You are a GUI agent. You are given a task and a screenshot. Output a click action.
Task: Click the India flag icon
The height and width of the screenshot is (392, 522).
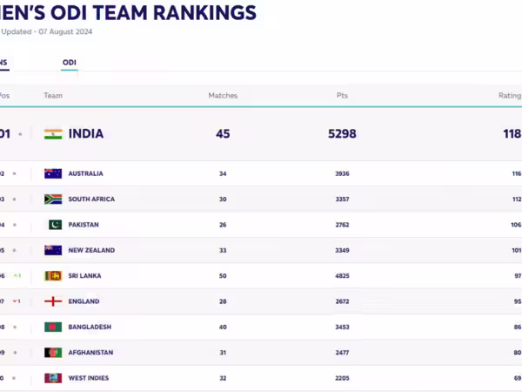[x=53, y=134]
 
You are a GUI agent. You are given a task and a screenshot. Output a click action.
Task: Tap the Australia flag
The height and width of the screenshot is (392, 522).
[x=53, y=173]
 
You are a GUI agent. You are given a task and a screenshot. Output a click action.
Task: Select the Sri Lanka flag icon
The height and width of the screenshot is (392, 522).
[x=53, y=276]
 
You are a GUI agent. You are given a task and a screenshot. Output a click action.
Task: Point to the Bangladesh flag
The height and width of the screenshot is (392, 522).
[x=53, y=327]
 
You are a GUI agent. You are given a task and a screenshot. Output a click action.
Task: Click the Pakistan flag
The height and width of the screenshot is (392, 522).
[x=53, y=225]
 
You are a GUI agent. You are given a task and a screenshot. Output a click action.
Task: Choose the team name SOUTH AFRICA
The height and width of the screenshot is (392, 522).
[x=91, y=199]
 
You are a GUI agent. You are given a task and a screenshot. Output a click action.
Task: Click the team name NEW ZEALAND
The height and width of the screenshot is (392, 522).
[x=91, y=250]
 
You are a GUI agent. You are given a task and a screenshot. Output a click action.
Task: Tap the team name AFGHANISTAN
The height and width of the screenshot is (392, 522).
[x=90, y=353]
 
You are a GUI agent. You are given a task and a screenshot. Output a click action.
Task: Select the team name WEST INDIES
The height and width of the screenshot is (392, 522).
[x=89, y=378]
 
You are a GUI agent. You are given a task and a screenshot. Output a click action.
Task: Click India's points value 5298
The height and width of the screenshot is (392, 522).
[x=342, y=134]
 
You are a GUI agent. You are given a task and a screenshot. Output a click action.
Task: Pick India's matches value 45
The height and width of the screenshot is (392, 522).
[x=223, y=134]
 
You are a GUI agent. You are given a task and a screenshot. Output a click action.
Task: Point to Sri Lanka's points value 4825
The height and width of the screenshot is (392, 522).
[x=342, y=276]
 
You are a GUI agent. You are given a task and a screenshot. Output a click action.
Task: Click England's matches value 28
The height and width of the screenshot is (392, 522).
[x=223, y=301]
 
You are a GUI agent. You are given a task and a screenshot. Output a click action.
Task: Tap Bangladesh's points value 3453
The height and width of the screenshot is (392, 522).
[x=342, y=327]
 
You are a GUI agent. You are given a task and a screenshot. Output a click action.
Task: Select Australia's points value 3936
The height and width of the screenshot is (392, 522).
[x=342, y=173]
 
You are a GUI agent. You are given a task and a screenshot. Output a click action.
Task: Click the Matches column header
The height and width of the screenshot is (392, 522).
[x=223, y=96]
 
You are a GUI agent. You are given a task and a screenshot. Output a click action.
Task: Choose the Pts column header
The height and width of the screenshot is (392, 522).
[x=342, y=96]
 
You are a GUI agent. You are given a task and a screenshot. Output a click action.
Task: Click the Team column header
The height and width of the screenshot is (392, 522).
[x=53, y=96]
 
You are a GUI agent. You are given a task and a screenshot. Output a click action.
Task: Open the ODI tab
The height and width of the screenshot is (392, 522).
[x=69, y=63]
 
